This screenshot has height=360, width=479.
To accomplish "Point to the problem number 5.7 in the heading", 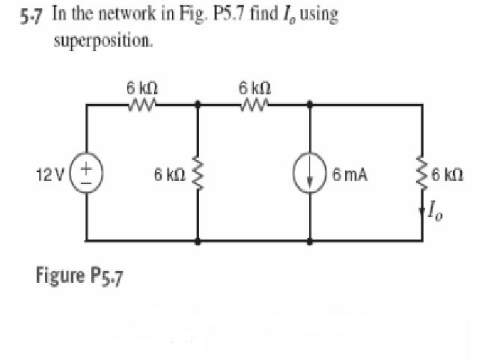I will tap(29, 17).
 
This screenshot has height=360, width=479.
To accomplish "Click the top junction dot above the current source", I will tap(311, 105).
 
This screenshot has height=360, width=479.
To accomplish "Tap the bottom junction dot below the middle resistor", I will tap(198, 242).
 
